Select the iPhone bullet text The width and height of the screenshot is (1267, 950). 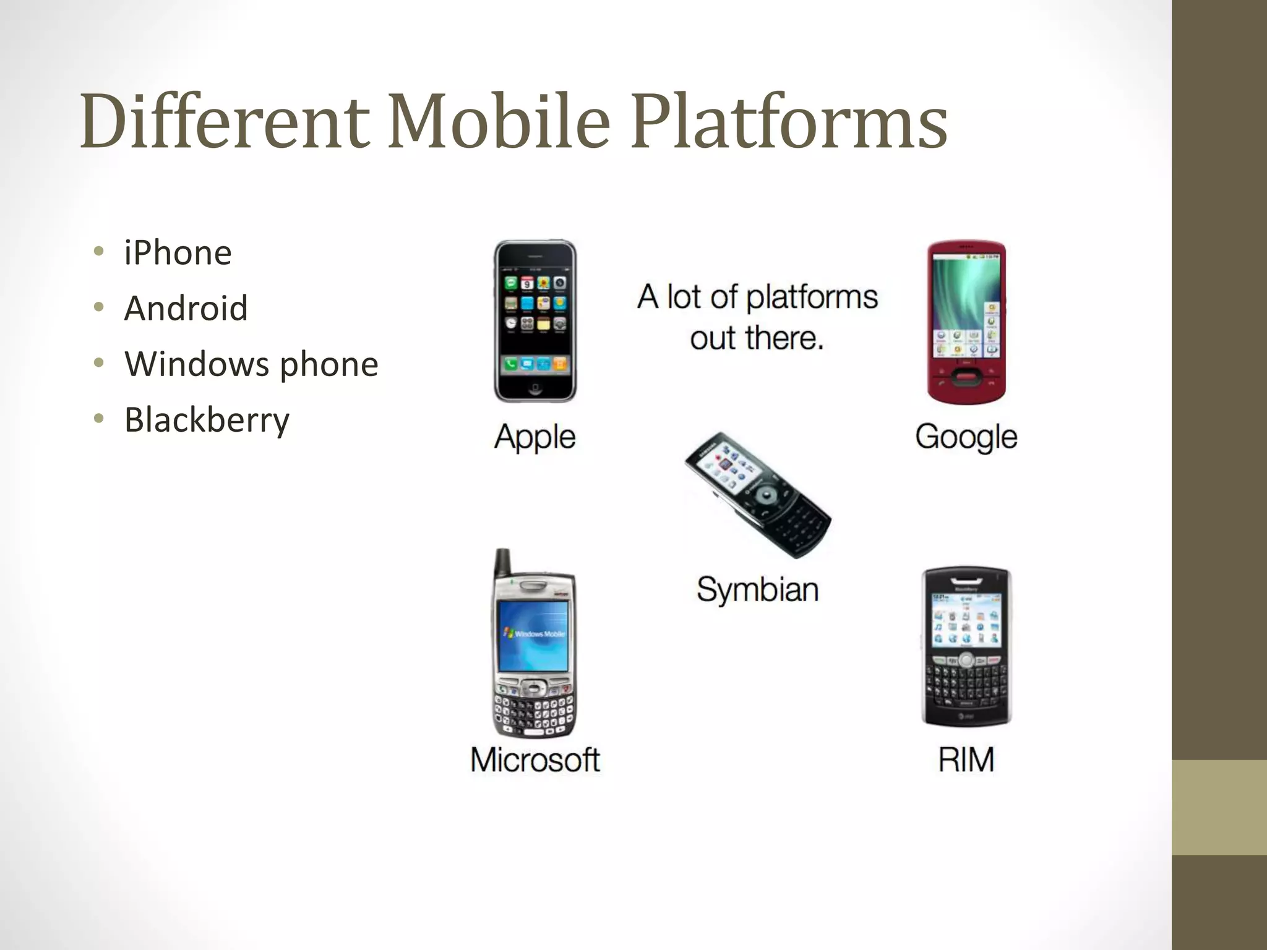pyautogui.click(x=178, y=253)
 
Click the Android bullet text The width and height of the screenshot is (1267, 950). pyautogui.click(x=186, y=308)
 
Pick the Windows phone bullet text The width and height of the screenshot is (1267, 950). pyautogui.click(x=251, y=364)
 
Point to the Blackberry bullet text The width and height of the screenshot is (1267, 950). pyautogui.click(x=207, y=420)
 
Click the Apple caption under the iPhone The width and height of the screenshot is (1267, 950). pyautogui.click(x=535, y=437)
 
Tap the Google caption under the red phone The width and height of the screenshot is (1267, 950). pyautogui.click(x=966, y=437)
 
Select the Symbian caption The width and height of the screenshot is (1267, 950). pyautogui.click(x=758, y=589)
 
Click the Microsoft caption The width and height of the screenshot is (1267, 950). pyautogui.click(x=535, y=760)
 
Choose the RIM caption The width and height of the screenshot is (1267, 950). pyautogui.click(x=966, y=760)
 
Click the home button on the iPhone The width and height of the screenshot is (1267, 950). pyautogui.click(x=535, y=388)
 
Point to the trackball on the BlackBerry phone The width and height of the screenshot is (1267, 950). pyautogui.click(x=966, y=660)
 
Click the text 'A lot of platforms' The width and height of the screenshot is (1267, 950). pyautogui.click(x=758, y=297)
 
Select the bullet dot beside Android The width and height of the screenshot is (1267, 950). pyautogui.click(x=99, y=307)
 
